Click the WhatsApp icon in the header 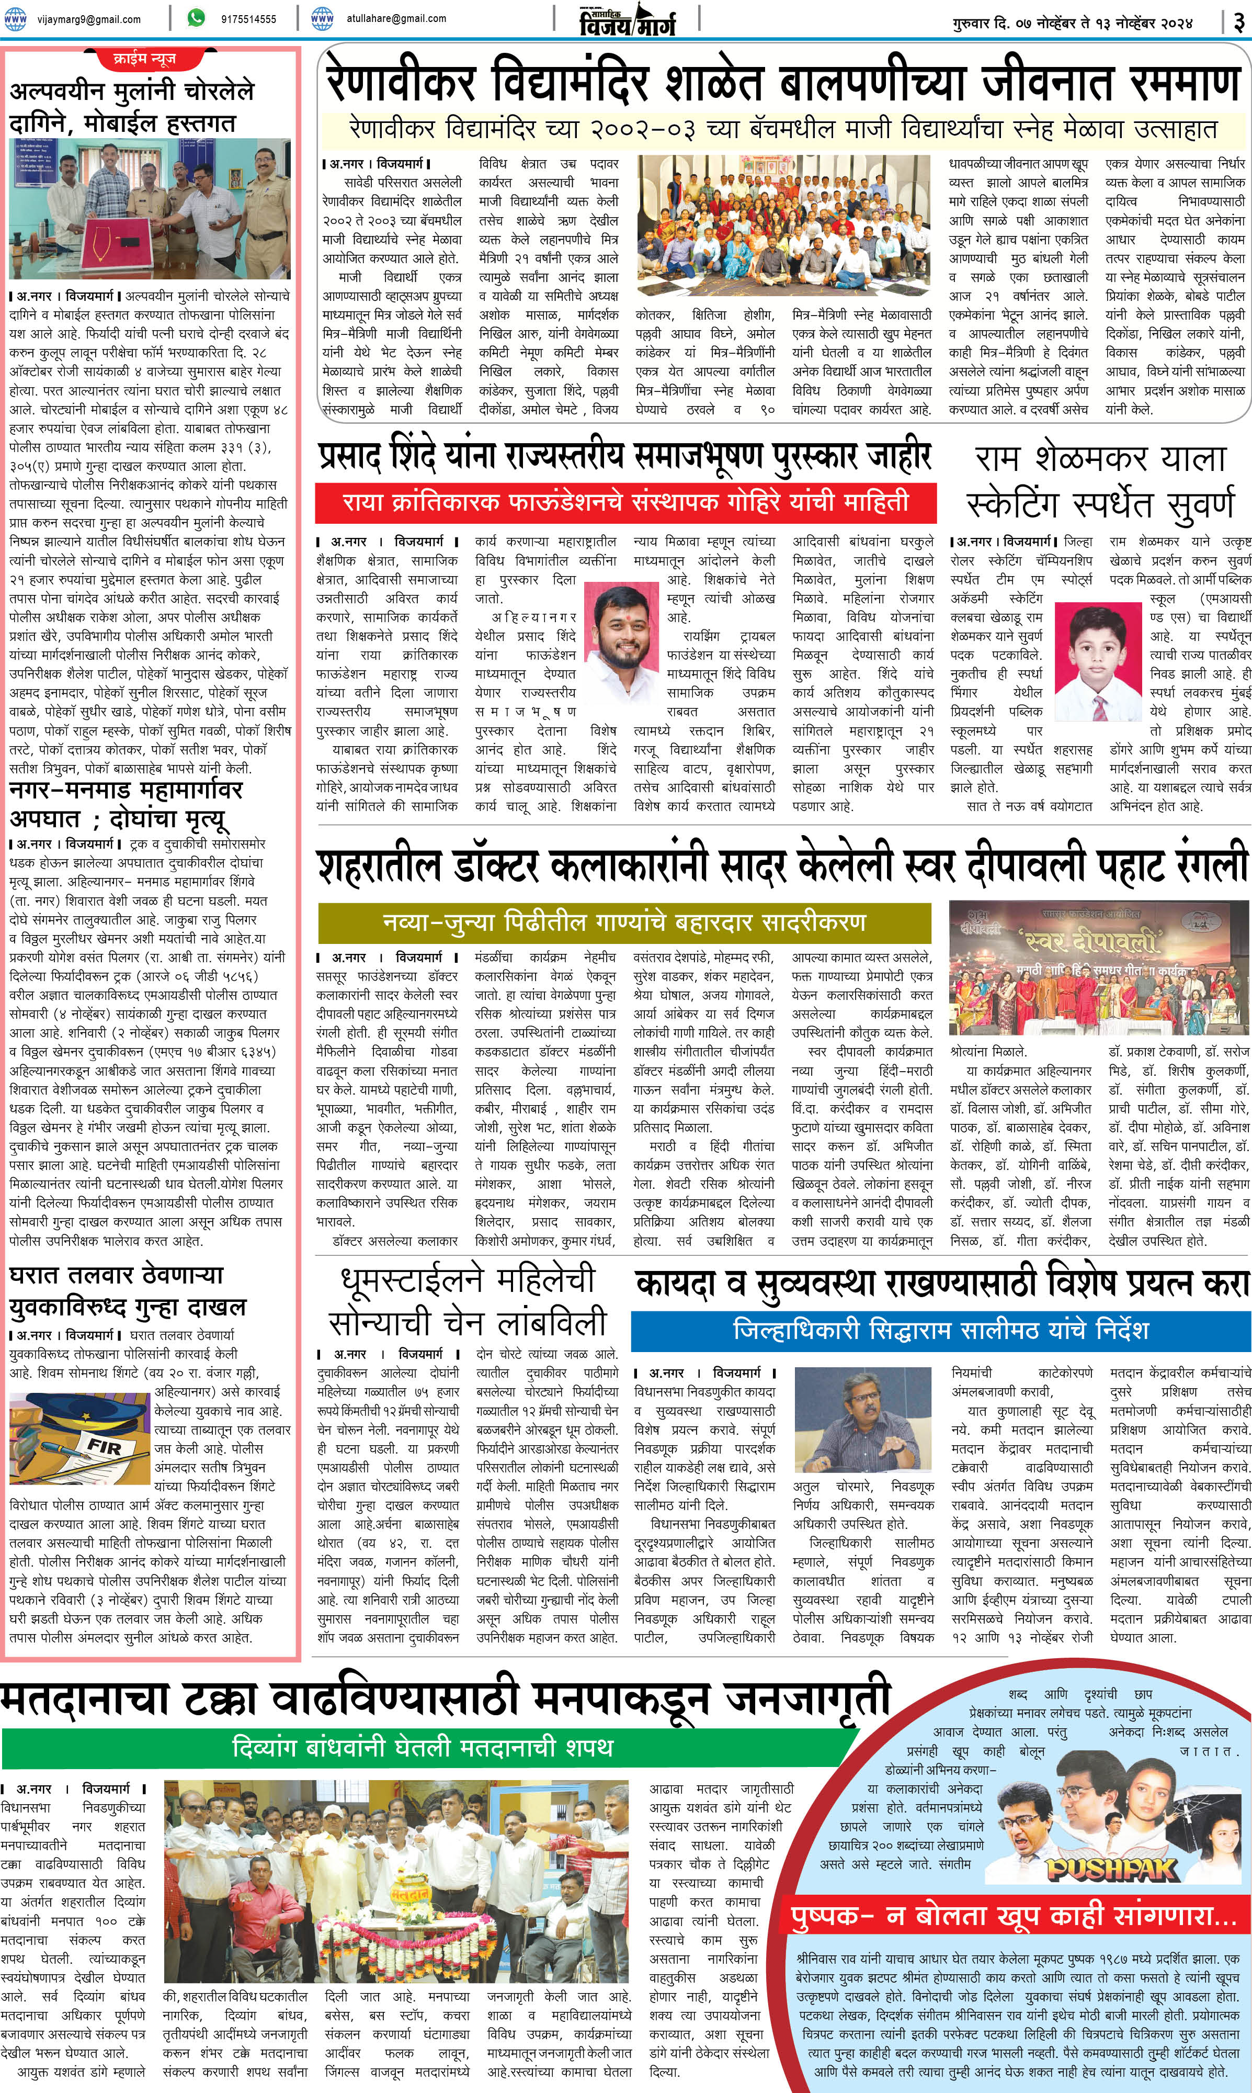tap(196, 18)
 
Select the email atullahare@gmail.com tap(396, 18)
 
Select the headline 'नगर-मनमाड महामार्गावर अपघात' tap(127, 804)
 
